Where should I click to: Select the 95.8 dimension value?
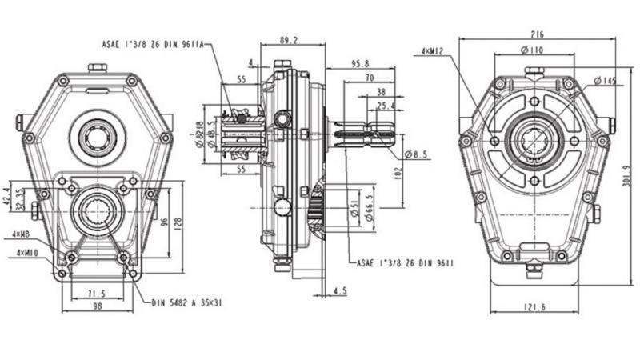pyautogui.click(x=359, y=65)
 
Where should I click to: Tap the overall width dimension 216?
pyautogui.click(x=538, y=34)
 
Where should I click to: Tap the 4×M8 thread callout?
pyautogui.click(x=22, y=234)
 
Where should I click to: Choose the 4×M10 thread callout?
pyautogui.click(x=24, y=253)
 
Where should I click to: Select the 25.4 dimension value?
pyautogui.click(x=386, y=106)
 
